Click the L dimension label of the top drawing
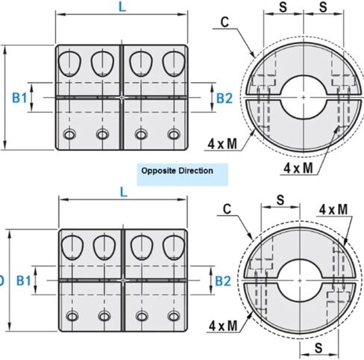[x=122, y=7]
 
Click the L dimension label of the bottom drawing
[x=124, y=192]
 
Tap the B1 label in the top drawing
[x=19, y=98]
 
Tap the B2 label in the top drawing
[x=225, y=98]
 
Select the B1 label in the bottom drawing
[x=23, y=281]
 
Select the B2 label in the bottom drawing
[x=223, y=281]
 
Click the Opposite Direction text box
[x=183, y=174]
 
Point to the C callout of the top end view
[x=225, y=22]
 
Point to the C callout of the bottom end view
[x=228, y=209]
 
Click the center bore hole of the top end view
[x=304, y=97]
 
